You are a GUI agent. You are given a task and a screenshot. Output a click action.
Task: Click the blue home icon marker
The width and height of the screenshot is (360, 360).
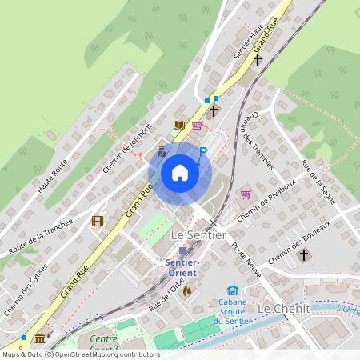click(x=180, y=172)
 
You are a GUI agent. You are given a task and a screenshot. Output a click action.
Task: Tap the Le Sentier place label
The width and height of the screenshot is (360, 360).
click(x=199, y=234)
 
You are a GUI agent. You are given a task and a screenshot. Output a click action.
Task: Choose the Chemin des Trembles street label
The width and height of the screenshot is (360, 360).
click(x=255, y=139)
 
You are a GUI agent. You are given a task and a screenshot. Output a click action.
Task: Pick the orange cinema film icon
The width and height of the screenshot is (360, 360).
click(x=98, y=221)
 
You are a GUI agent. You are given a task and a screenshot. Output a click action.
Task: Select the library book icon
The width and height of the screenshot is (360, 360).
click(x=179, y=125)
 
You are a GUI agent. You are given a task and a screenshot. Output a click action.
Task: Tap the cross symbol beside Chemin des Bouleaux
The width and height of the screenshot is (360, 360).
click(x=303, y=255)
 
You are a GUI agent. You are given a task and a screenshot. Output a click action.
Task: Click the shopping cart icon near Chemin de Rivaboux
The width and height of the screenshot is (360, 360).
click(x=246, y=194)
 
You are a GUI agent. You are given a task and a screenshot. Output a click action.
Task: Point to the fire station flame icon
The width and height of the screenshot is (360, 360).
click(x=187, y=291)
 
